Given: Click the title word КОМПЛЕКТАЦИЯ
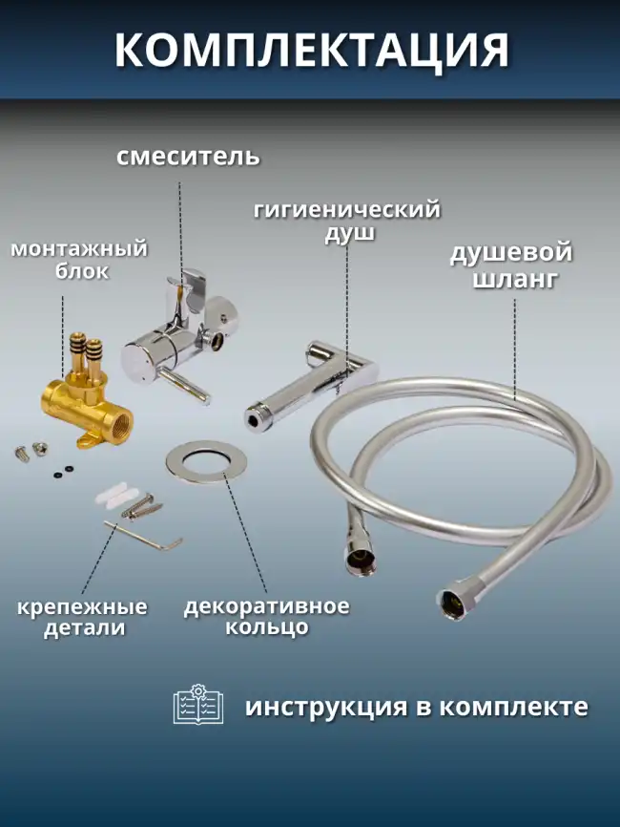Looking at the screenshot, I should click(311, 50).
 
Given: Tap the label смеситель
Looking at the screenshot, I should click(188, 156).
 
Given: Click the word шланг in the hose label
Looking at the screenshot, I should click(512, 281).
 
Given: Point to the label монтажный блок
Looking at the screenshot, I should click(79, 260).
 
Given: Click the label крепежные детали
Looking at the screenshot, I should click(84, 617).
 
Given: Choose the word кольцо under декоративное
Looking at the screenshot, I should click(266, 627).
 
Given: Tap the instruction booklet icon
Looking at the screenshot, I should click(197, 705).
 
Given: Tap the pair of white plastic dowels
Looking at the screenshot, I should click(111, 496).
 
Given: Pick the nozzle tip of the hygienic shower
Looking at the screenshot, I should click(255, 413).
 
